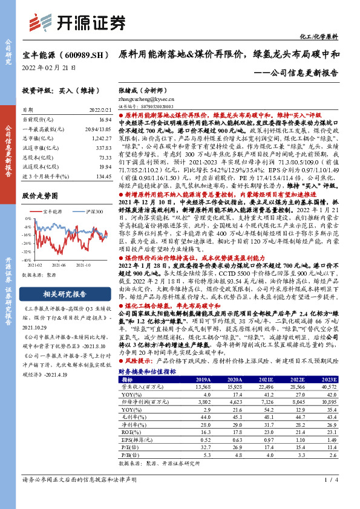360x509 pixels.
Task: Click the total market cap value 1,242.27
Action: (x=100, y=138)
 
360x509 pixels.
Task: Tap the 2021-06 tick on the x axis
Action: (x=59, y=264)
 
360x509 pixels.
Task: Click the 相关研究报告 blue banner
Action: (x=58, y=294)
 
